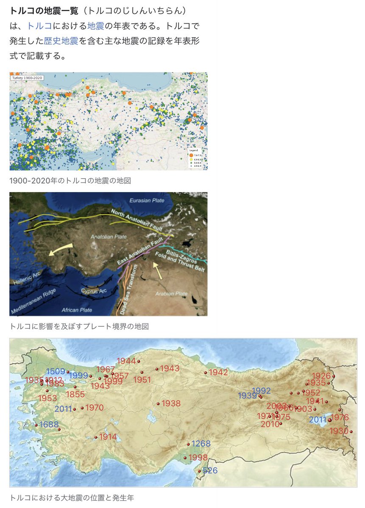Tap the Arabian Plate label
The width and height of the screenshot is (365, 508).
click(172, 293)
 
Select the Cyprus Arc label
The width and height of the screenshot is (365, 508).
click(95, 291)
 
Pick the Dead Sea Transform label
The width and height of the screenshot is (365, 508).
click(129, 290)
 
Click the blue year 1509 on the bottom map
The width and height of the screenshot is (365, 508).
click(56, 371)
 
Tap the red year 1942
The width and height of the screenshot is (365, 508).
click(218, 373)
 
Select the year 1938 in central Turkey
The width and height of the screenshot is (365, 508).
click(171, 403)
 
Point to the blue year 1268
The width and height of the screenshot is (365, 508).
click(201, 444)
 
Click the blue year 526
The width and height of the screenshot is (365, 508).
click(210, 470)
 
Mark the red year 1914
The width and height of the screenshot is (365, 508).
click(108, 437)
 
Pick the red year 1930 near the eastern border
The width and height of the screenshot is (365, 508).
click(338, 431)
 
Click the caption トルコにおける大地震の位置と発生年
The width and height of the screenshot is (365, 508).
click(72, 497)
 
